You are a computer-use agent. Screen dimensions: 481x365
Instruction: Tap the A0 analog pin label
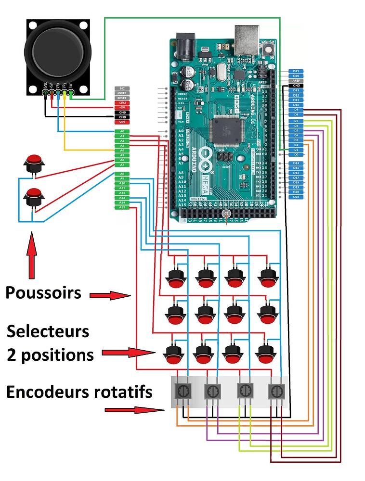122,131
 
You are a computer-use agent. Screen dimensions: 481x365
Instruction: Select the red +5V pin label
122,108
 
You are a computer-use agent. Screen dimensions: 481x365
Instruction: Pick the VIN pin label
122,122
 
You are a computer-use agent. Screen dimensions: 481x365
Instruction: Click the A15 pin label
122,207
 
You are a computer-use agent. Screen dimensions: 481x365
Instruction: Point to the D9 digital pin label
296,110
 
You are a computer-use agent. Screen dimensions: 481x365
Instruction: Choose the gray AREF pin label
296,81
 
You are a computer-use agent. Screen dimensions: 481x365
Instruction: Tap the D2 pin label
296,145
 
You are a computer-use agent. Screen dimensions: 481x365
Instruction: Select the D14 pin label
296,164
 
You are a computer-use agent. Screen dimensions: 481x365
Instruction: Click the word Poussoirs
43,292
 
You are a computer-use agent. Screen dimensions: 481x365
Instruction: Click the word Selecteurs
48,331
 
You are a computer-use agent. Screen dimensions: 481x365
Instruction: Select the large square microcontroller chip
226,130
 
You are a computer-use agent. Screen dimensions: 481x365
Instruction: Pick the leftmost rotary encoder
182,392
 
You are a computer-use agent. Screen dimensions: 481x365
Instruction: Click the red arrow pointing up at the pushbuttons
32,255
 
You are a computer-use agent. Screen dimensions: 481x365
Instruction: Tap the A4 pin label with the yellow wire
122,151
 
